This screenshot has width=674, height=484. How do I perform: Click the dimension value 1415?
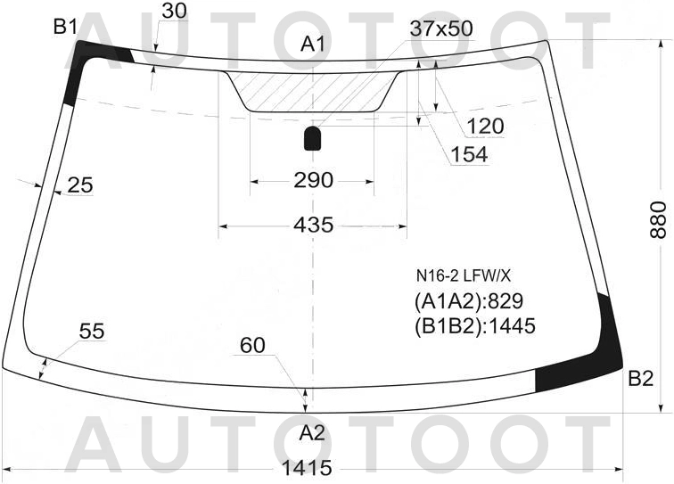307,468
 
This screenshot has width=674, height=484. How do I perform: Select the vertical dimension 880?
658,218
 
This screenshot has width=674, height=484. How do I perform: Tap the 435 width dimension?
313,226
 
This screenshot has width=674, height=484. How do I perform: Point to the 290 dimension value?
313,181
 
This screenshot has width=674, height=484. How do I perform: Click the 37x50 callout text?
440,29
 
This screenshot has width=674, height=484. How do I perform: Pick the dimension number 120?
485,127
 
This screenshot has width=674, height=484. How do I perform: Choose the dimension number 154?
469,155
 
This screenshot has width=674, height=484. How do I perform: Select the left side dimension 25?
79,185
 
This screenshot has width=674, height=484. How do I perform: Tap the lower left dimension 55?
92,332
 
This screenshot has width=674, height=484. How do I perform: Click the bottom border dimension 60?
252,344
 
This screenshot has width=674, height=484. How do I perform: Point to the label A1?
313,43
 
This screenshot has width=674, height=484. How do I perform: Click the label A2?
311,433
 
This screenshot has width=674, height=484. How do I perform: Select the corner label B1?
65,27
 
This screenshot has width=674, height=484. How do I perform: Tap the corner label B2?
640,379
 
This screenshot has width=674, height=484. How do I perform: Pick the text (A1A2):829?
467,300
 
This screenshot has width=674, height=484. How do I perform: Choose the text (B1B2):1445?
473,326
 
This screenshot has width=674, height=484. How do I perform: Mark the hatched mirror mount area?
313,90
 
